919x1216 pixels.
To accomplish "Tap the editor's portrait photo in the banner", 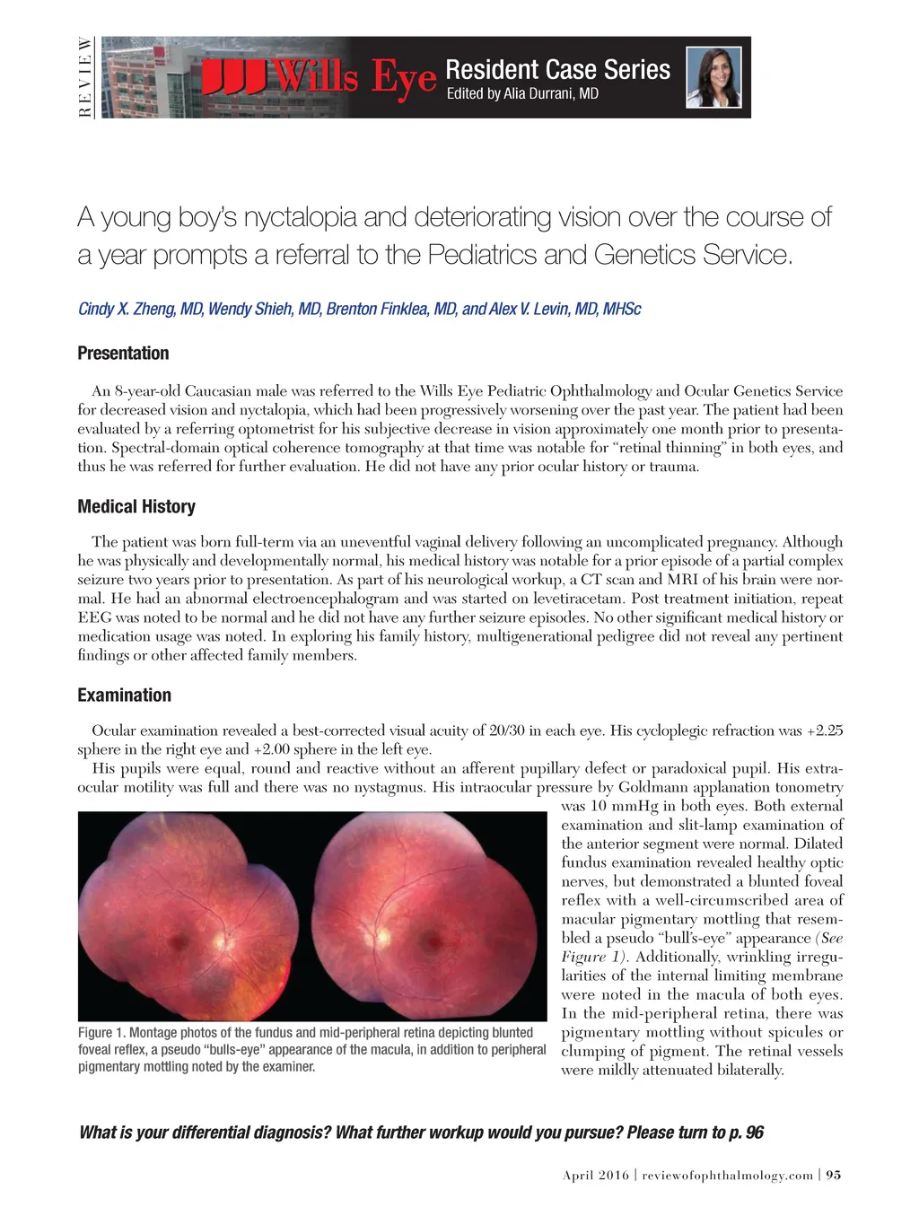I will click(714, 77).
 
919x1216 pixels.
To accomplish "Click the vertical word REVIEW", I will click(84, 77).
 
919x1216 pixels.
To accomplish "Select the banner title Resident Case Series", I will click(557, 69).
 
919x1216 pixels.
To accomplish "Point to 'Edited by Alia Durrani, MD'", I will click(522, 93).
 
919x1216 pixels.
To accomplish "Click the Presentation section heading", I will click(123, 354).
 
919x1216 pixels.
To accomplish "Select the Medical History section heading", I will click(136, 506).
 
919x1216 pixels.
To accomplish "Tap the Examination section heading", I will click(124, 695).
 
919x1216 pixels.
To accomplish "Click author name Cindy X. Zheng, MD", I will click(140, 309).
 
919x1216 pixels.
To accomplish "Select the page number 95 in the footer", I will click(834, 1175).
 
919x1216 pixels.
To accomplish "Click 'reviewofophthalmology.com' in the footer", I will click(728, 1175).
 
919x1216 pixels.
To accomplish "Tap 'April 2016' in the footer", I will click(596, 1175).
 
